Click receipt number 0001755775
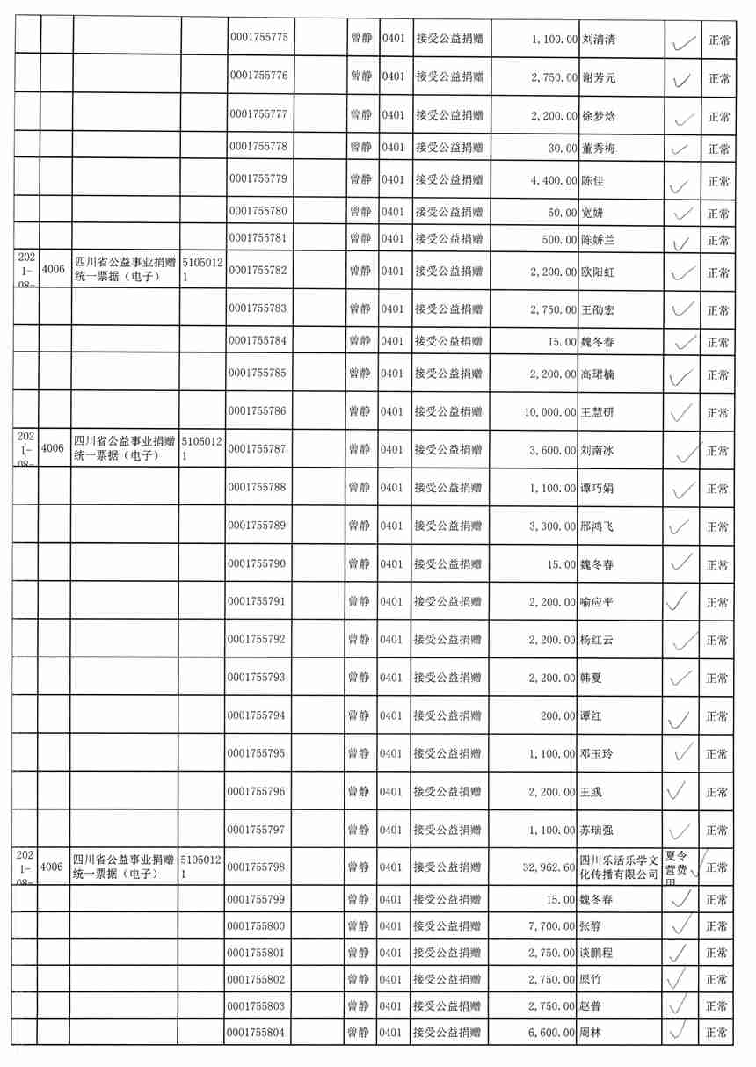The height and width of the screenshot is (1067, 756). pyautogui.click(x=258, y=39)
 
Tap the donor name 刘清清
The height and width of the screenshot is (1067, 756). pyautogui.click(x=599, y=40)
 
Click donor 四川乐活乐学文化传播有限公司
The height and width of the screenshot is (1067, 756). pyautogui.click(x=619, y=867)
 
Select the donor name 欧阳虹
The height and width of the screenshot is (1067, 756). pyautogui.click(x=599, y=272)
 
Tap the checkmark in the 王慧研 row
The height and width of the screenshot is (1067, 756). pyautogui.click(x=680, y=411)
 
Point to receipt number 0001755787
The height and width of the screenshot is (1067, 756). pyautogui.click(x=258, y=450)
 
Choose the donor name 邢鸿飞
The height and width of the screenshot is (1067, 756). pyautogui.click(x=597, y=527)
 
